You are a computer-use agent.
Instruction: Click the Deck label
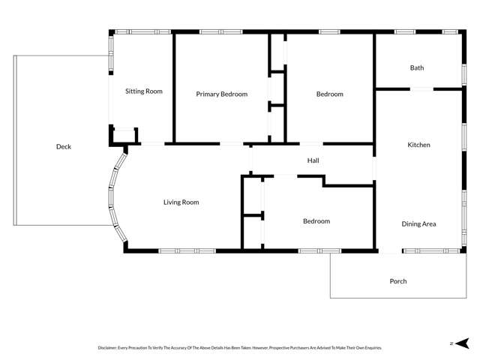pyautogui.click(x=64, y=147)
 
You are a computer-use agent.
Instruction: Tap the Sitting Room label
pyautogui.click(x=144, y=91)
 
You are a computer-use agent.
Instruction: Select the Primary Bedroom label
pyautogui.click(x=221, y=94)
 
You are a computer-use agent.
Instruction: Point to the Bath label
pyautogui.click(x=417, y=68)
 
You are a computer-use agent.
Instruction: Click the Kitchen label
pyautogui.click(x=418, y=145)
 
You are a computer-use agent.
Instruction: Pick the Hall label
pyautogui.click(x=313, y=160)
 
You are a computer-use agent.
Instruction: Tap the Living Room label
pyautogui.click(x=181, y=202)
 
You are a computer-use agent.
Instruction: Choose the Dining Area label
pyautogui.click(x=418, y=223)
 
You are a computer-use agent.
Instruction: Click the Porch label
pyautogui.click(x=398, y=281)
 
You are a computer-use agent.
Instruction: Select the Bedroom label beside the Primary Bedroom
pyautogui.click(x=329, y=94)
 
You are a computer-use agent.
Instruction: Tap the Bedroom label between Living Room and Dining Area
pyautogui.click(x=316, y=221)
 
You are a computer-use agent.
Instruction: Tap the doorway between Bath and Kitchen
pyautogui.click(x=421, y=89)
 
